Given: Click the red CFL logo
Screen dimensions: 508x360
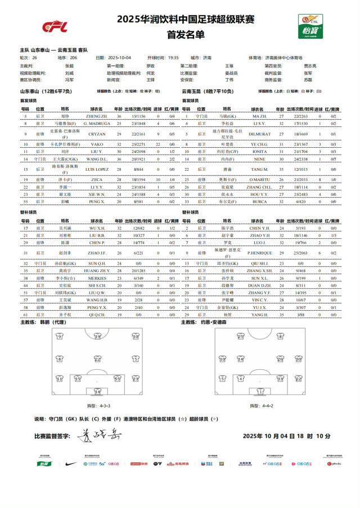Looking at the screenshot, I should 55,26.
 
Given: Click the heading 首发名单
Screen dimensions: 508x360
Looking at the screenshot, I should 179,34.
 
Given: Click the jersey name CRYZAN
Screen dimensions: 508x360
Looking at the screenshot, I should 97,135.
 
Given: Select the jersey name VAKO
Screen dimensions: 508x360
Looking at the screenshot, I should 97,144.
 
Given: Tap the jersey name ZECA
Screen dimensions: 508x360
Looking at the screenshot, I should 97,179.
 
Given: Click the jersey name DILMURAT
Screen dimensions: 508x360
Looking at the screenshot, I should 260,135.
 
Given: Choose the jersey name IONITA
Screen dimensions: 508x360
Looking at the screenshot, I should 260,152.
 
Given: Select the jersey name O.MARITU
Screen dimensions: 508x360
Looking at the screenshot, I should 260,179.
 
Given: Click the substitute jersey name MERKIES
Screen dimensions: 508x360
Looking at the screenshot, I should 97,278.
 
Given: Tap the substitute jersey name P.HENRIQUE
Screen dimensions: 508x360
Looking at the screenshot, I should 260,253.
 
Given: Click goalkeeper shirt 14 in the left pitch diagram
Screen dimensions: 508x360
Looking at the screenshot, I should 97,391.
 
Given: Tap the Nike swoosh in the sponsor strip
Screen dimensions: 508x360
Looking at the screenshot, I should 71,464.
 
